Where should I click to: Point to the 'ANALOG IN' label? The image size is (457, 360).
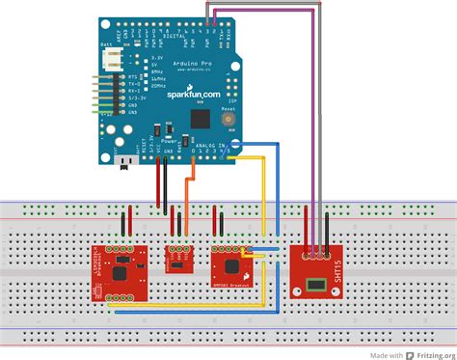click(x=210, y=145)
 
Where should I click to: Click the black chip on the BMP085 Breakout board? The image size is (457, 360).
click(x=232, y=265)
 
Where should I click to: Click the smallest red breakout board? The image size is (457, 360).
click(x=179, y=259)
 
